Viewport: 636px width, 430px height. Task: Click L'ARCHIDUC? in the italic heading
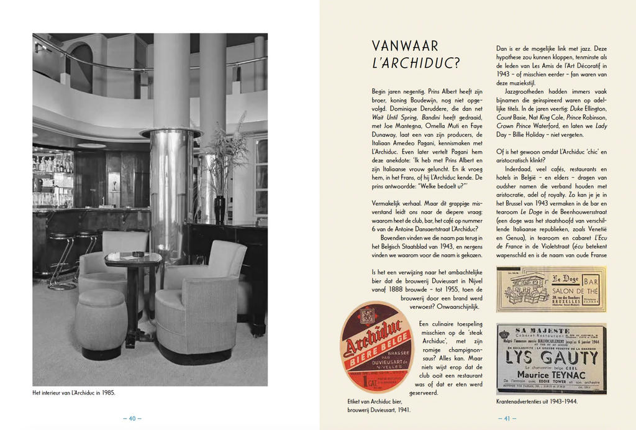(415, 63)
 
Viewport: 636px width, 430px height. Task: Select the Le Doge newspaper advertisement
(551, 289)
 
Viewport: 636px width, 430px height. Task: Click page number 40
(132, 418)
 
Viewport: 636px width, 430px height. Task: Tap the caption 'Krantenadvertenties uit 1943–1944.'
(537, 401)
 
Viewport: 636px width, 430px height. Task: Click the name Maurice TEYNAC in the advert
(550, 375)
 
